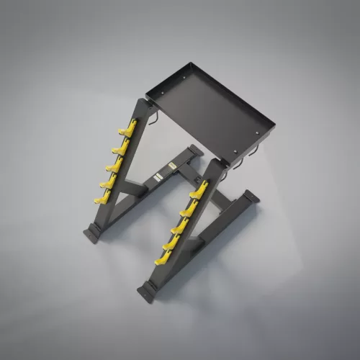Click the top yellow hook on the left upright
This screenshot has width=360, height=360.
click(x=127, y=130)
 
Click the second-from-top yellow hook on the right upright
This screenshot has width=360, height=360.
click(x=191, y=209)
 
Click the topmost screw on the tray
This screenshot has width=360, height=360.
click(x=183, y=70)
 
